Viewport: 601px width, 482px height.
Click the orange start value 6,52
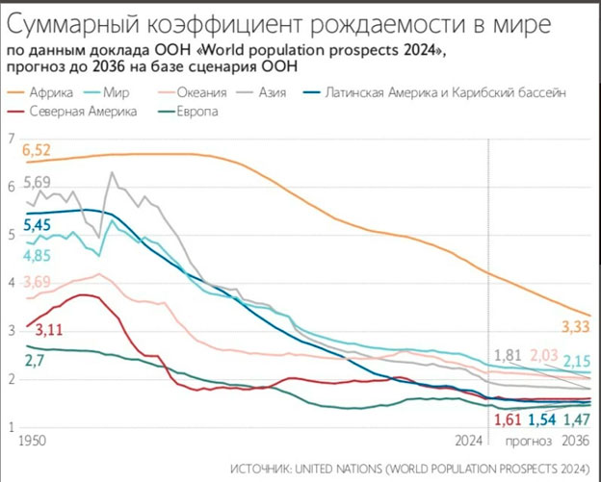tap(37, 150)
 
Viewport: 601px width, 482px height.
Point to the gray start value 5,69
tap(37, 183)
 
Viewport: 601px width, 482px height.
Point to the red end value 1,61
tap(508, 420)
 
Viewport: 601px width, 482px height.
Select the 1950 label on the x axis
tap(34, 440)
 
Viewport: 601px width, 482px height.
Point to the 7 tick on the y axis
tap(12, 140)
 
